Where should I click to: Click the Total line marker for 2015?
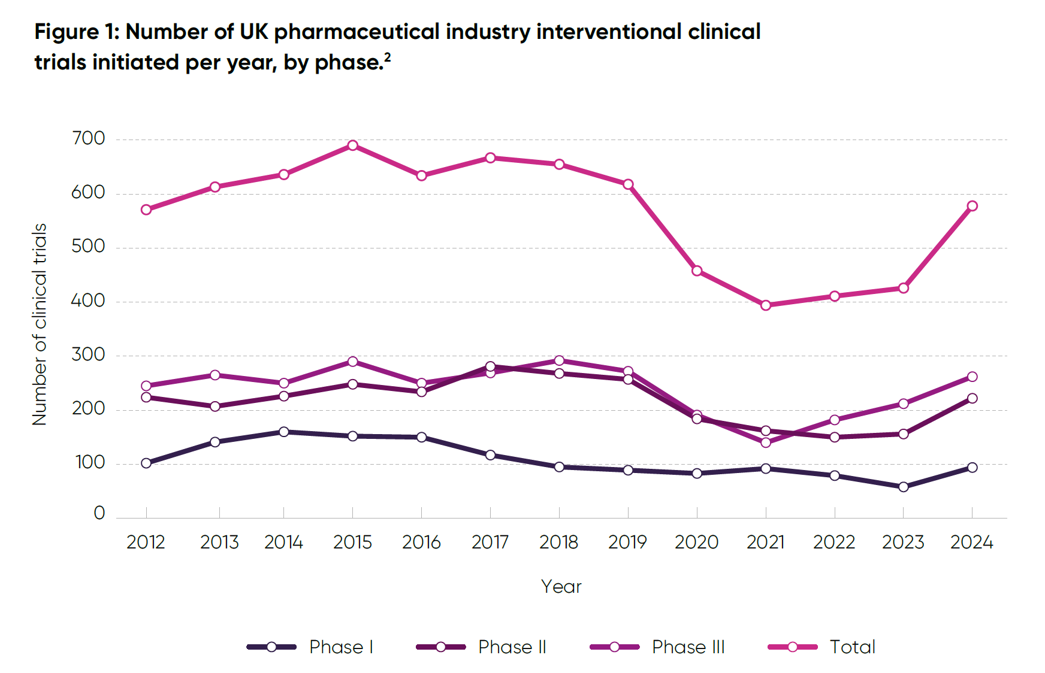pos(352,145)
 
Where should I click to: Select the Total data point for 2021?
pos(766,305)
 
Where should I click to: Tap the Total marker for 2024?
pos(972,206)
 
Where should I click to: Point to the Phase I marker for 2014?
pos(283,432)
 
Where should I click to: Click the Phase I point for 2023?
pos(903,487)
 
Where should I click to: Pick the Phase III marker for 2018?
pos(559,360)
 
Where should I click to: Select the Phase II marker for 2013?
pos(215,407)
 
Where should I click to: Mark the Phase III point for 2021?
pos(766,442)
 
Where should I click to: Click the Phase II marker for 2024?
pos(972,398)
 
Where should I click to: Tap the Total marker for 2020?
pos(697,271)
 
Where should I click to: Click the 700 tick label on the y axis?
pos(88,139)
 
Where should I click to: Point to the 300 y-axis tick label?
pos(88,355)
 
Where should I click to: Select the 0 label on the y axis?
pos(99,513)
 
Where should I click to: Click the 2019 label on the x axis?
pos(627,542)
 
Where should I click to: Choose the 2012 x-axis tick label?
pos(146,542)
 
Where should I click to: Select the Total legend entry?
pos(851,647)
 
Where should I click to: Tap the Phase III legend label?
pos(688,647)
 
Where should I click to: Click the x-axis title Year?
pos(561,586)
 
